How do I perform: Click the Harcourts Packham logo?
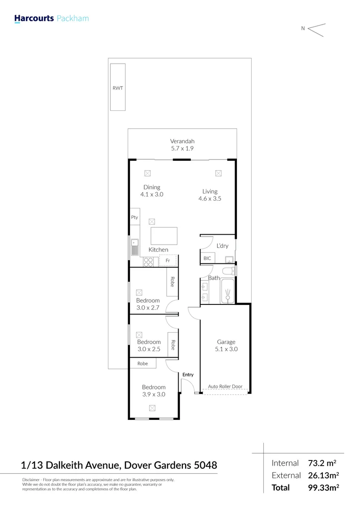click(x=51, y=19)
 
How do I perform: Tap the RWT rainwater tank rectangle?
click(x=118, y=87)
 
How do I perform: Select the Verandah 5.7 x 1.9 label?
click(x=182, y=145)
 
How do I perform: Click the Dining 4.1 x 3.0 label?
click(x=152, y=190)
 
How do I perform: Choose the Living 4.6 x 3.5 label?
click(x=210, y=195)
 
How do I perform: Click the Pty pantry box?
click(x=135, y=217)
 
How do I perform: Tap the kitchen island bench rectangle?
click(x=164, y=235)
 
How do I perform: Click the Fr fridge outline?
click(x=168, y=261)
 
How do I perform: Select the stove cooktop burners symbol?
click(x=148, y=262)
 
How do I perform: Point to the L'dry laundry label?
click(x=222, y=246)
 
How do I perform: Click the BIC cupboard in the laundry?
click(x=207, y=258)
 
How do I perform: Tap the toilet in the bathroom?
click(x=228, y=271)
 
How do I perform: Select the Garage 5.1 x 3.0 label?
click(x=226, y=345)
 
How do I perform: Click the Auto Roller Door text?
click(x=225, y=386)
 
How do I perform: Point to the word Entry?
click(x=188, y=375)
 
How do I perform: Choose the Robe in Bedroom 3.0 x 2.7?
click(x=172, y=282)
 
